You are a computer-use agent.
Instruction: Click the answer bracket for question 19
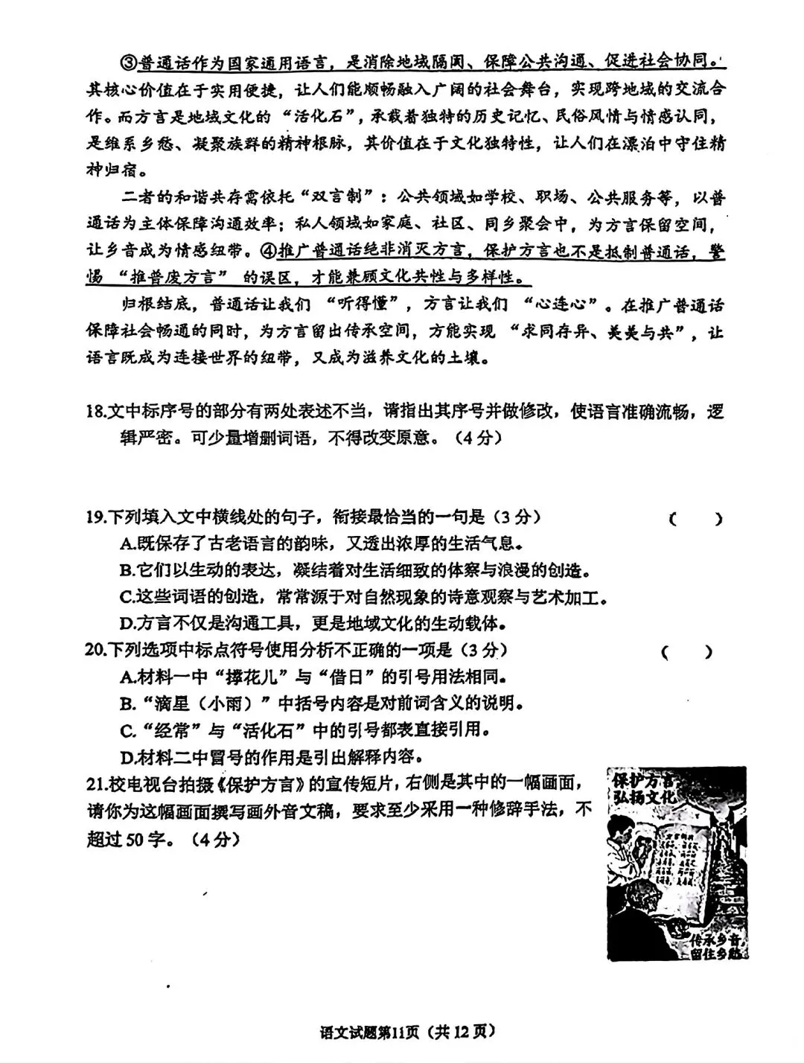tap(695, 519)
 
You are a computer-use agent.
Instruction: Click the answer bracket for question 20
tap(686, 652)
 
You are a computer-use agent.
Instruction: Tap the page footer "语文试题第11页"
tap(368, 1032)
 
